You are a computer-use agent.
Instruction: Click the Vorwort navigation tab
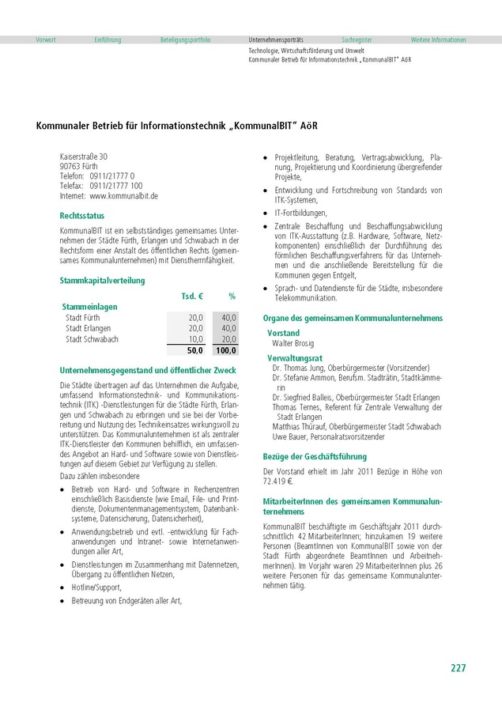pyautogui.click(x=46, y=40)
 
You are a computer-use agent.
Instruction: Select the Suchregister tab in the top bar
pyautogui.click(x=357, y=40)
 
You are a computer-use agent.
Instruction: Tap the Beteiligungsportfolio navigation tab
pyautogui.click(x=186, y=40)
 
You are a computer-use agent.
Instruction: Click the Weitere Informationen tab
pyautogui.click(x=438, y=40)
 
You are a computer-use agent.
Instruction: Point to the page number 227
pyautogui.click(x=459, y=668)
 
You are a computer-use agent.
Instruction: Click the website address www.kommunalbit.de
pyautogui.click(x=124, y=195)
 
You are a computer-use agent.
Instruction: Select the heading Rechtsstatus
pyautogui.click(x=82, y=215)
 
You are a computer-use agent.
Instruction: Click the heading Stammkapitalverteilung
pyautogui.click(x=102, y=280)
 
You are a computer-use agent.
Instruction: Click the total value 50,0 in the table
pyautogui.click(x=194, y=350)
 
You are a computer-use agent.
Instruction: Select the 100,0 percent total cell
pyautogui.click(x=225, y=350)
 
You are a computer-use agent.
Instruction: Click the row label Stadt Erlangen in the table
pyautogui.click(x=89, y=328)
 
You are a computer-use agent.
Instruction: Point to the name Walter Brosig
pyautogui.click(x=293, y=344)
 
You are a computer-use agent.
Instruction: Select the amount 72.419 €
pyautogui.click(x=278, y=481)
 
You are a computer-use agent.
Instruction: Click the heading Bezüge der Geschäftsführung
pyautogui.click(x=315, y=456)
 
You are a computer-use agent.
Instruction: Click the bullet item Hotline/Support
pyautogui.click(x=96, y=587)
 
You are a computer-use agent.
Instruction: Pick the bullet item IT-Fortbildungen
pyautogui.click(x=300, y=213)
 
